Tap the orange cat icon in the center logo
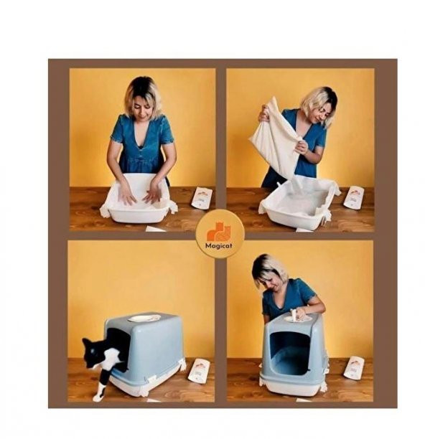(219, 231)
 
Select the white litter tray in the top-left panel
(139, 201)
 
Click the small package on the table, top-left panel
(202, 198)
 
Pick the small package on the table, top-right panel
(353, 197)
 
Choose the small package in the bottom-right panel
(353, 367)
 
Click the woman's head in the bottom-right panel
(271, 273)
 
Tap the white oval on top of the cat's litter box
(144, 318)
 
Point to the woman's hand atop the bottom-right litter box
(300, 313)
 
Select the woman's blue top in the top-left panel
(141, 143)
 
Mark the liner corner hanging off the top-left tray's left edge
(106, 210)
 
